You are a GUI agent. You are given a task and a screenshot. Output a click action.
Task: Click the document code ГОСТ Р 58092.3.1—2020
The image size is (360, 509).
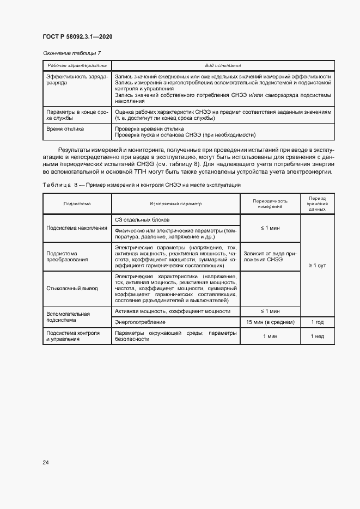pos(77,36)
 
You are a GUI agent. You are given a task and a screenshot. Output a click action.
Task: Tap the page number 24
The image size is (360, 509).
pos(46,463)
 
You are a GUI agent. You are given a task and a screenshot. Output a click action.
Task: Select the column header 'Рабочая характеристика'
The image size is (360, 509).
pos(76,65)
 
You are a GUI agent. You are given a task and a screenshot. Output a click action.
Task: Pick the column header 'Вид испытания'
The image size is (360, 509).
pos(223,65)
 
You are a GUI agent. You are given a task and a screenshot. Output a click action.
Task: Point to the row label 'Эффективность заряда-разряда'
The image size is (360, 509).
pos(77,80)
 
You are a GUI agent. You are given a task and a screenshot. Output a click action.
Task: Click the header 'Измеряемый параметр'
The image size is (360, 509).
pos(175,204)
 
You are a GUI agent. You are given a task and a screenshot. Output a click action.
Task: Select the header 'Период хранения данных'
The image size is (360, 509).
pos(317,204)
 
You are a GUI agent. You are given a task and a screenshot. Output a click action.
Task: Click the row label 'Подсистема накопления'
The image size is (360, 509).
pos(77,228)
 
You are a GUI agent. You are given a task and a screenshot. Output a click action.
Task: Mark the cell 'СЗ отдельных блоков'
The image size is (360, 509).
pos(142,219)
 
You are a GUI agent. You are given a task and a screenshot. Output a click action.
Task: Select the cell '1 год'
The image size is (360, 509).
pos(317,322)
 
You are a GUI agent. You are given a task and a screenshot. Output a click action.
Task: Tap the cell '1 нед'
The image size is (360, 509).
pos(317,336)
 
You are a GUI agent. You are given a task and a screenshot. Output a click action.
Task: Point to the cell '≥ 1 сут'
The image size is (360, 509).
pos(317,265)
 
